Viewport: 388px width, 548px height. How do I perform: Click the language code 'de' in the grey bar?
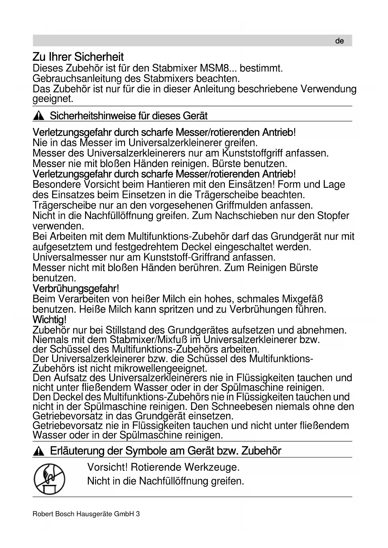[x=339, y=41]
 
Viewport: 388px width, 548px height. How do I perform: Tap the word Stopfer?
[x=333, y=216]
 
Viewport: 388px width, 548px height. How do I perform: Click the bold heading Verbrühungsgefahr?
[x=76, y=288]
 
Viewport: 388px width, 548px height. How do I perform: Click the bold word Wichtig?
[x=49, y=320]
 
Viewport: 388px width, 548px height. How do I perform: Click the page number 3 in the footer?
[x=138, y=514]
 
